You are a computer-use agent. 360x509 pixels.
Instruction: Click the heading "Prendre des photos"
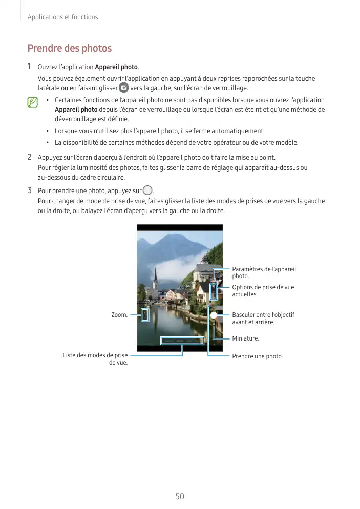[69, 49]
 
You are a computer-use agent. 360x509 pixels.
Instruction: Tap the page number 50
[180, 496]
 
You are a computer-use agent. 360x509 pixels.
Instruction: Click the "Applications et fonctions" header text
[62, 17]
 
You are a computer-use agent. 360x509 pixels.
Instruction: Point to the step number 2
[30, 157]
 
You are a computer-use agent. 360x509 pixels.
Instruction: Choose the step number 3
[30, 191]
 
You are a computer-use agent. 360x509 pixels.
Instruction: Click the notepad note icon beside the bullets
[33, 103]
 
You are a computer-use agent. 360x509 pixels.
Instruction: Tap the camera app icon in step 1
[123, 88]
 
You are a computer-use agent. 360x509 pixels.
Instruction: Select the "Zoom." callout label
[119, 314]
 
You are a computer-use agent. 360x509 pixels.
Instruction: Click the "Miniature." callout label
[245, 338]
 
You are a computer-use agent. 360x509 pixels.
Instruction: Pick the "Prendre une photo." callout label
[257, 356]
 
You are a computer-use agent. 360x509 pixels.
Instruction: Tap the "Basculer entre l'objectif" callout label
[263, 314]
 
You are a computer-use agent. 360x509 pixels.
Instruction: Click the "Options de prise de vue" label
[263, 287]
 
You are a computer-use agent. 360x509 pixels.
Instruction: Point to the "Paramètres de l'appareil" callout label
[264, 269]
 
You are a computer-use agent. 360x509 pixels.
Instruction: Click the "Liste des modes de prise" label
[95, 355]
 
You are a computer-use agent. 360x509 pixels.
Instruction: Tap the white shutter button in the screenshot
[214, 315]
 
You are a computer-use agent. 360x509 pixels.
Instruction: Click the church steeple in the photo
[155, 277]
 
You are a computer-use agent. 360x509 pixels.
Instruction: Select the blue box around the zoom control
[145, 314]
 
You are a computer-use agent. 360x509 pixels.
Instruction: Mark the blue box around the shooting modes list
[182, 341]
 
